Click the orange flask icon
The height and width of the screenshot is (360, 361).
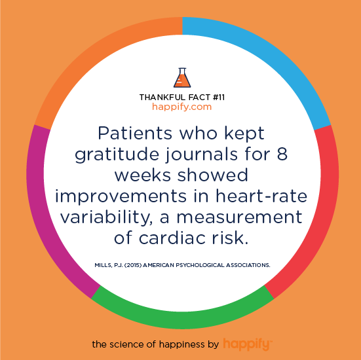[x=182, y=78]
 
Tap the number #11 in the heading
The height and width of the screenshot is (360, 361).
[x=218, y=98]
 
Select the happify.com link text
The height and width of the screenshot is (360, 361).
[x=181, y=107]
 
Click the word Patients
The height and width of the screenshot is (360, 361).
[x=135, y=133]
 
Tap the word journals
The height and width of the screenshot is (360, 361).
[x=201, y=154]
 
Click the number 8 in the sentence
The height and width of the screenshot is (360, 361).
[x=282, y=154]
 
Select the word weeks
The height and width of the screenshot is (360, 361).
[x=143, y=175]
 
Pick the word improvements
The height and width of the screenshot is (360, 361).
[x=121, y=197]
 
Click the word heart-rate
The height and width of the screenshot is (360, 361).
[x=261, y=196]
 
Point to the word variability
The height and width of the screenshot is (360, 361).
[x=106, y=218]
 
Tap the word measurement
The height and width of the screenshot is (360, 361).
[x=239, y=217]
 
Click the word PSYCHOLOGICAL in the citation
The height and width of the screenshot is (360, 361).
[x=200, y=265]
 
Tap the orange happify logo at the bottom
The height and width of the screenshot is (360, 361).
[x=248, y=344]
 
